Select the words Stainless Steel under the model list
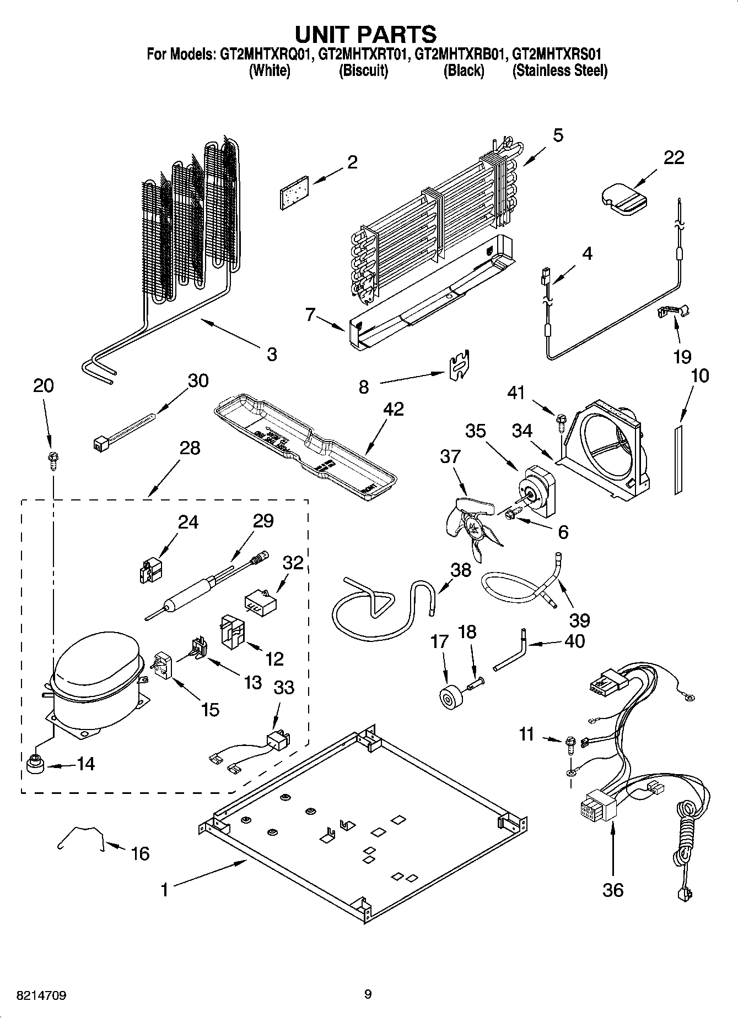point(559,71)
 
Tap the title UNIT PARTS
point(366,34)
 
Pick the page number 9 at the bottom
point(368,994)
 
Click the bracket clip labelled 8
point(459,364)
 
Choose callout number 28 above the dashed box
point(189,448)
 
